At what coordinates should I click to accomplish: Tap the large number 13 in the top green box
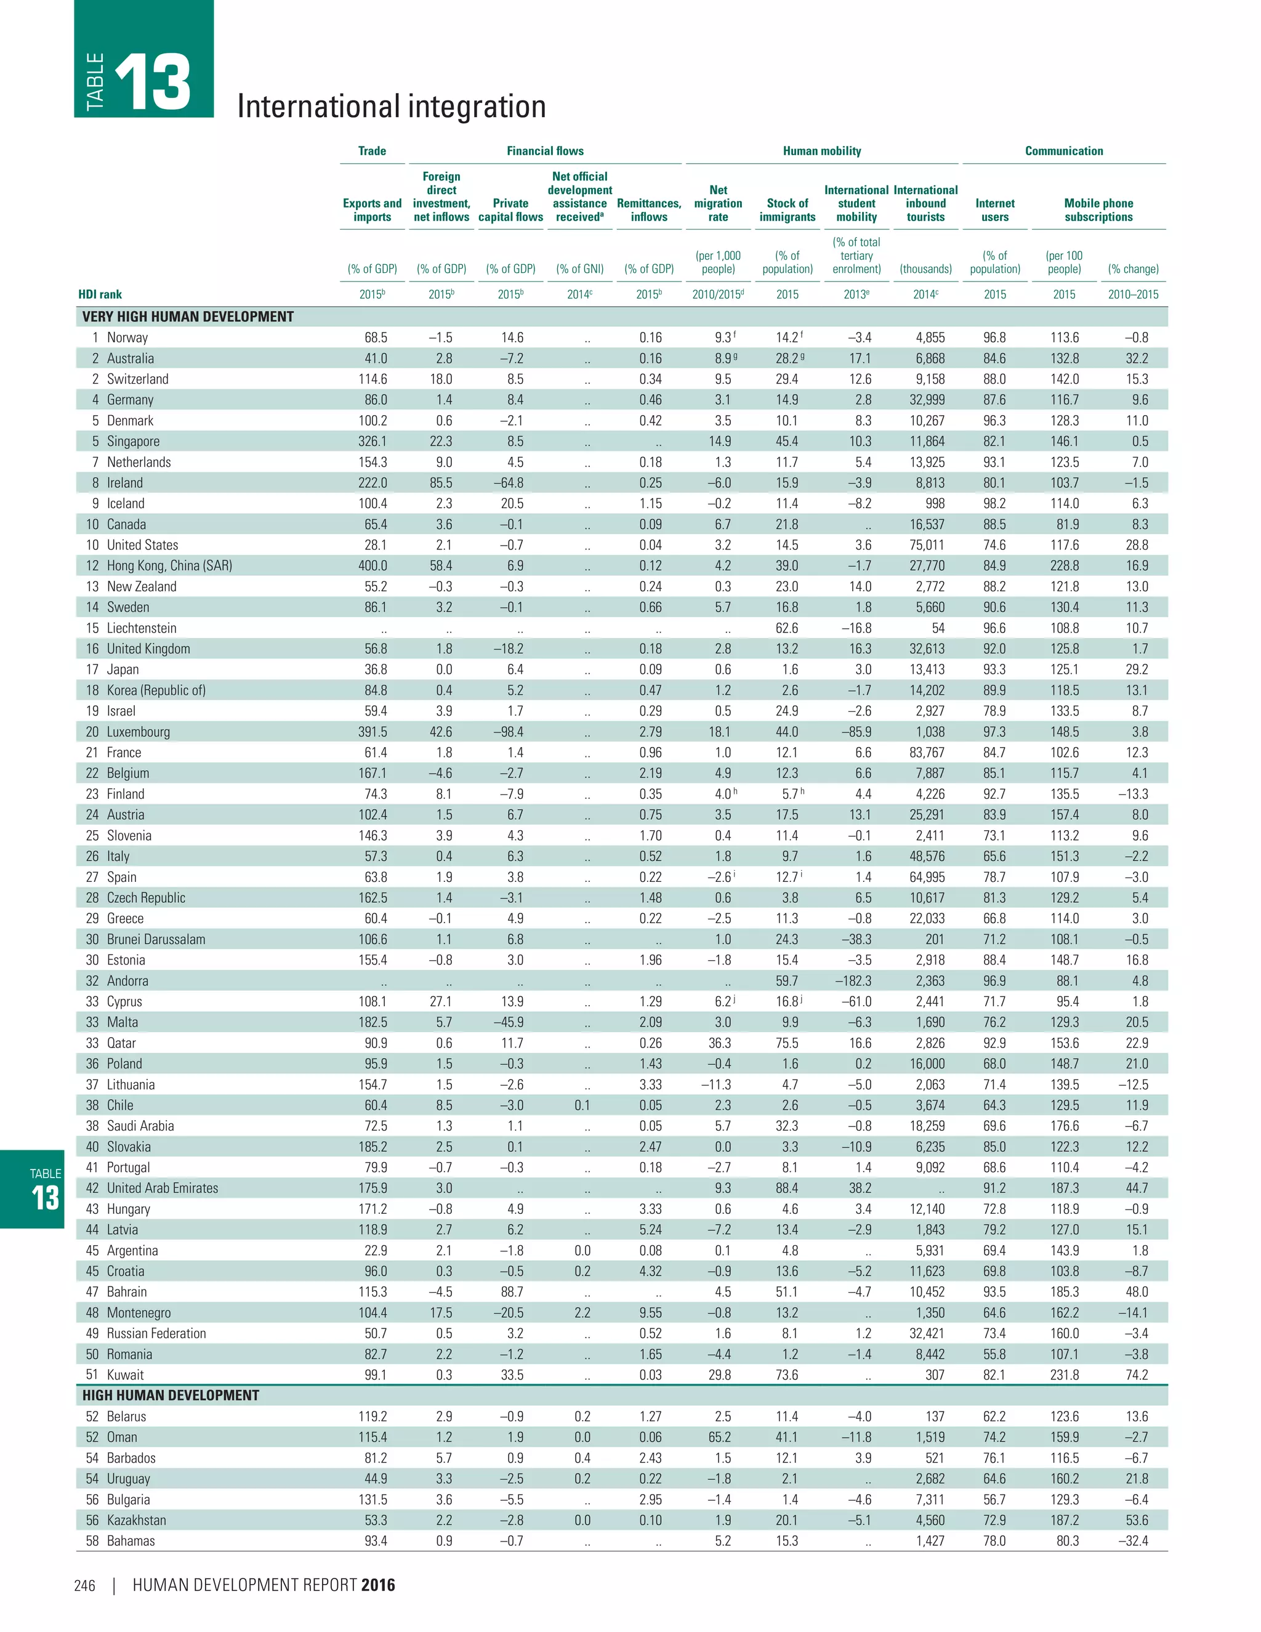[153, 82]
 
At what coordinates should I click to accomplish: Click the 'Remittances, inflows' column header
[648, 210]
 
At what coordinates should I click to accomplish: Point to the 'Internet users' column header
[994, 210]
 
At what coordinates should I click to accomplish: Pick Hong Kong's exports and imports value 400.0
[372, 566]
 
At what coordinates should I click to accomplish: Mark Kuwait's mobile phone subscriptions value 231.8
[1064, 1375]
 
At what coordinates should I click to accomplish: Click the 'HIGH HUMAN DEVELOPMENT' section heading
[171, 1395]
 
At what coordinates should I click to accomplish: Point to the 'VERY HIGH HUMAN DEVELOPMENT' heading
[188, 317]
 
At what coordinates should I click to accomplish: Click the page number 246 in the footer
[84, 1586]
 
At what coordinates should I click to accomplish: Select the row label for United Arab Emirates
[162, 1188]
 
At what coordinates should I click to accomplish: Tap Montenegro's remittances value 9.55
[650, 1313]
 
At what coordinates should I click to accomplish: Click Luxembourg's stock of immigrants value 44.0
[787, 732]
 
